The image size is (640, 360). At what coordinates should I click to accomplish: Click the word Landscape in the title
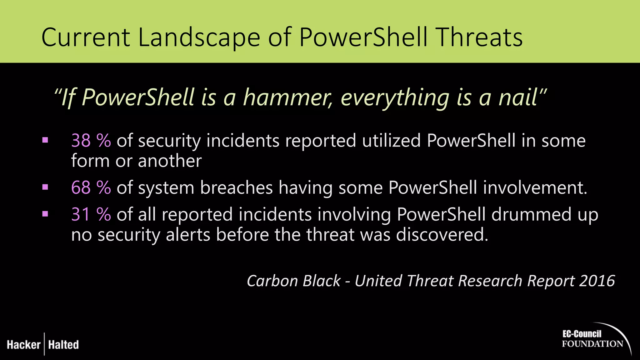point(199,37)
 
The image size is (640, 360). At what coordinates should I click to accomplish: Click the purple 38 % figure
point(91,141)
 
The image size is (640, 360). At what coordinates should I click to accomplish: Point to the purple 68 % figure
point(91,188)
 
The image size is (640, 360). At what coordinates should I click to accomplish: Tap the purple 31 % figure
point(91,215)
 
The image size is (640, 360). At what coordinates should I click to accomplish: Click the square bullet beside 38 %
point(45,140)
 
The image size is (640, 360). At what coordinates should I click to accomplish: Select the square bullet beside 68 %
point(45,187)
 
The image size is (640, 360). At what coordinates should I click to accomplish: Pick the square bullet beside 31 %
point(45,214)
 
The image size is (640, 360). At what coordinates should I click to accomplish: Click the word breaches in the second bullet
point(236,188)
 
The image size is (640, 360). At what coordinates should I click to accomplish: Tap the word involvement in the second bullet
point(535,188)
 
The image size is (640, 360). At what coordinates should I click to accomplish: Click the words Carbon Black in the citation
point(293,281)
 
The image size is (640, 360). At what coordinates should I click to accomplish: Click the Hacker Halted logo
point(43,344)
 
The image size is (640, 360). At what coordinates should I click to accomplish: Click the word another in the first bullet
point(170,161)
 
